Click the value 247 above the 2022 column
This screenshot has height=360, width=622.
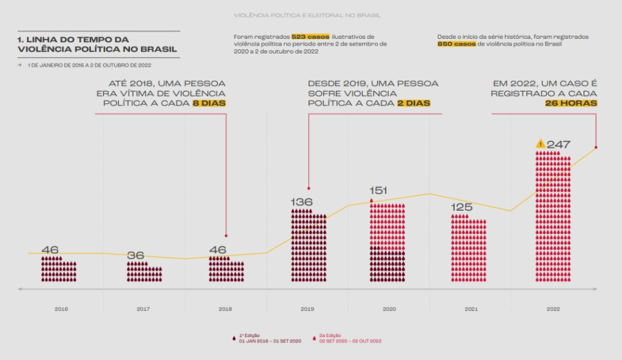click(x=558, y=144)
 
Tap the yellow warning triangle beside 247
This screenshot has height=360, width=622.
click(x=540, y=144)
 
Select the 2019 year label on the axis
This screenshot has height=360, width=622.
click(x=307, y=309)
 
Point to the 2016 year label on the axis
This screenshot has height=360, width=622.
click(x=61, y=309)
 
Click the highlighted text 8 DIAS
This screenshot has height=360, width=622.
click(x=209, y=103)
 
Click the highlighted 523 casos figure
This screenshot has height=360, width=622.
click(x=310, y=37)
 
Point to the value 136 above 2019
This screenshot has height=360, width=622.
click(x=301, y=202)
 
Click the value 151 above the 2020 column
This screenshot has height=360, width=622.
click(x=378, y=191)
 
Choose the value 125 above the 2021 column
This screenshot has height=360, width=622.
click(x=462, y=208)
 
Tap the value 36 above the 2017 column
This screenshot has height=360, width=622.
click(x=135, y=256)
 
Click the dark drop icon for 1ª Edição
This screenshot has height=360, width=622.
click(x=234, y=338)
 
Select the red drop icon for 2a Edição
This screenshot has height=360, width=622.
click(x=315, y=338)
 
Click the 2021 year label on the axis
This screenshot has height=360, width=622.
click(x=471, y=309)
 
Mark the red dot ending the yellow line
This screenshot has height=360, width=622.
click(x=596, y=147)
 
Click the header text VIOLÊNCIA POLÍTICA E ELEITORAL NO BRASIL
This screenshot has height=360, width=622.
click(x=310, y=15)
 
